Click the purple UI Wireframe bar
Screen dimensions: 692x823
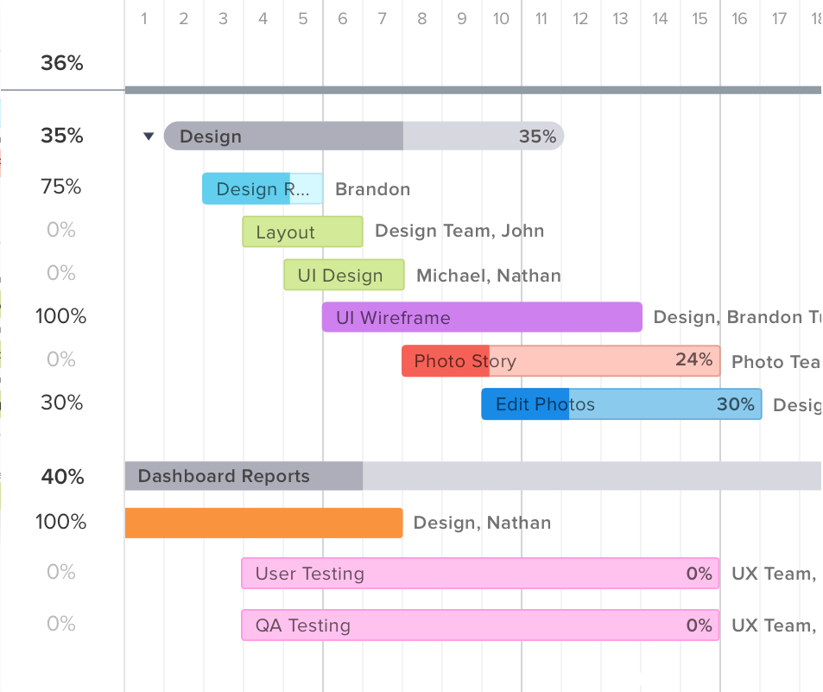point(482,317)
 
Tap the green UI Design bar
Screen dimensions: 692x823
point(344,275)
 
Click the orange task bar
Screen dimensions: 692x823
point(263,523)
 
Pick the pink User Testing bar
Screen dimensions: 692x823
point(480,574)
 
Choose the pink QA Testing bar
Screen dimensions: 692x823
point(480,625)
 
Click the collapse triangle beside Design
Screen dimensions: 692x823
point(149,136)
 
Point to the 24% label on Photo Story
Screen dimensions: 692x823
point(693,359)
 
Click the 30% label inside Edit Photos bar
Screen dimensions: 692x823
point(735,403)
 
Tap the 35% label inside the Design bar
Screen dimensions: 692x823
point(537,136)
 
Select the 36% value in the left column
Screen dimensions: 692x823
point(61,62)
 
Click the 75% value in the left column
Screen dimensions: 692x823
point(61,187)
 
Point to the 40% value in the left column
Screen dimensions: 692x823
point(61,476)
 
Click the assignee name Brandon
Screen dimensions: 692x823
point(372,189)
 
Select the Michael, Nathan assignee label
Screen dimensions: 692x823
point(488,276)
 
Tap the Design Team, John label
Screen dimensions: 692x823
point(459,230)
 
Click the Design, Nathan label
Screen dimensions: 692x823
point(482,523)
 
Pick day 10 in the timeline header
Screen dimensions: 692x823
point(501,18)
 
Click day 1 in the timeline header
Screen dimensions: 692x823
point(144,18)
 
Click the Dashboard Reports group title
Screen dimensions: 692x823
point(224,476)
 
